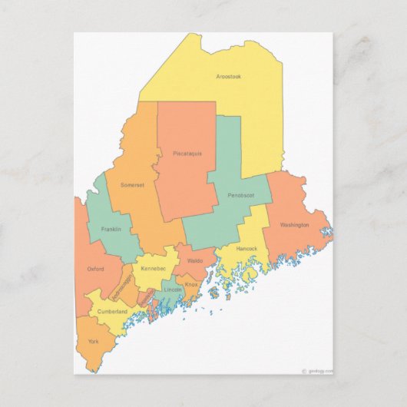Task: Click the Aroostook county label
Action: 229,76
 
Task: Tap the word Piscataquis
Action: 187,154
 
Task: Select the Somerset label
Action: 132,185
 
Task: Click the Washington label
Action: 294,225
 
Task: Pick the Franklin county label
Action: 111,229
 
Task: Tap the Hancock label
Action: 247,249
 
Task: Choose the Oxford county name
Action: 95,269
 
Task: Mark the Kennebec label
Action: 153,269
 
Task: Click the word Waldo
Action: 195,261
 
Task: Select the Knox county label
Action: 191,284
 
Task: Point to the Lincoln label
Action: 172,290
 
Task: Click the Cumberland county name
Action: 112,312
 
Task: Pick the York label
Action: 93,341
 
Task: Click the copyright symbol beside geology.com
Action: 304,370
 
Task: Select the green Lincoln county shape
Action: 170,298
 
